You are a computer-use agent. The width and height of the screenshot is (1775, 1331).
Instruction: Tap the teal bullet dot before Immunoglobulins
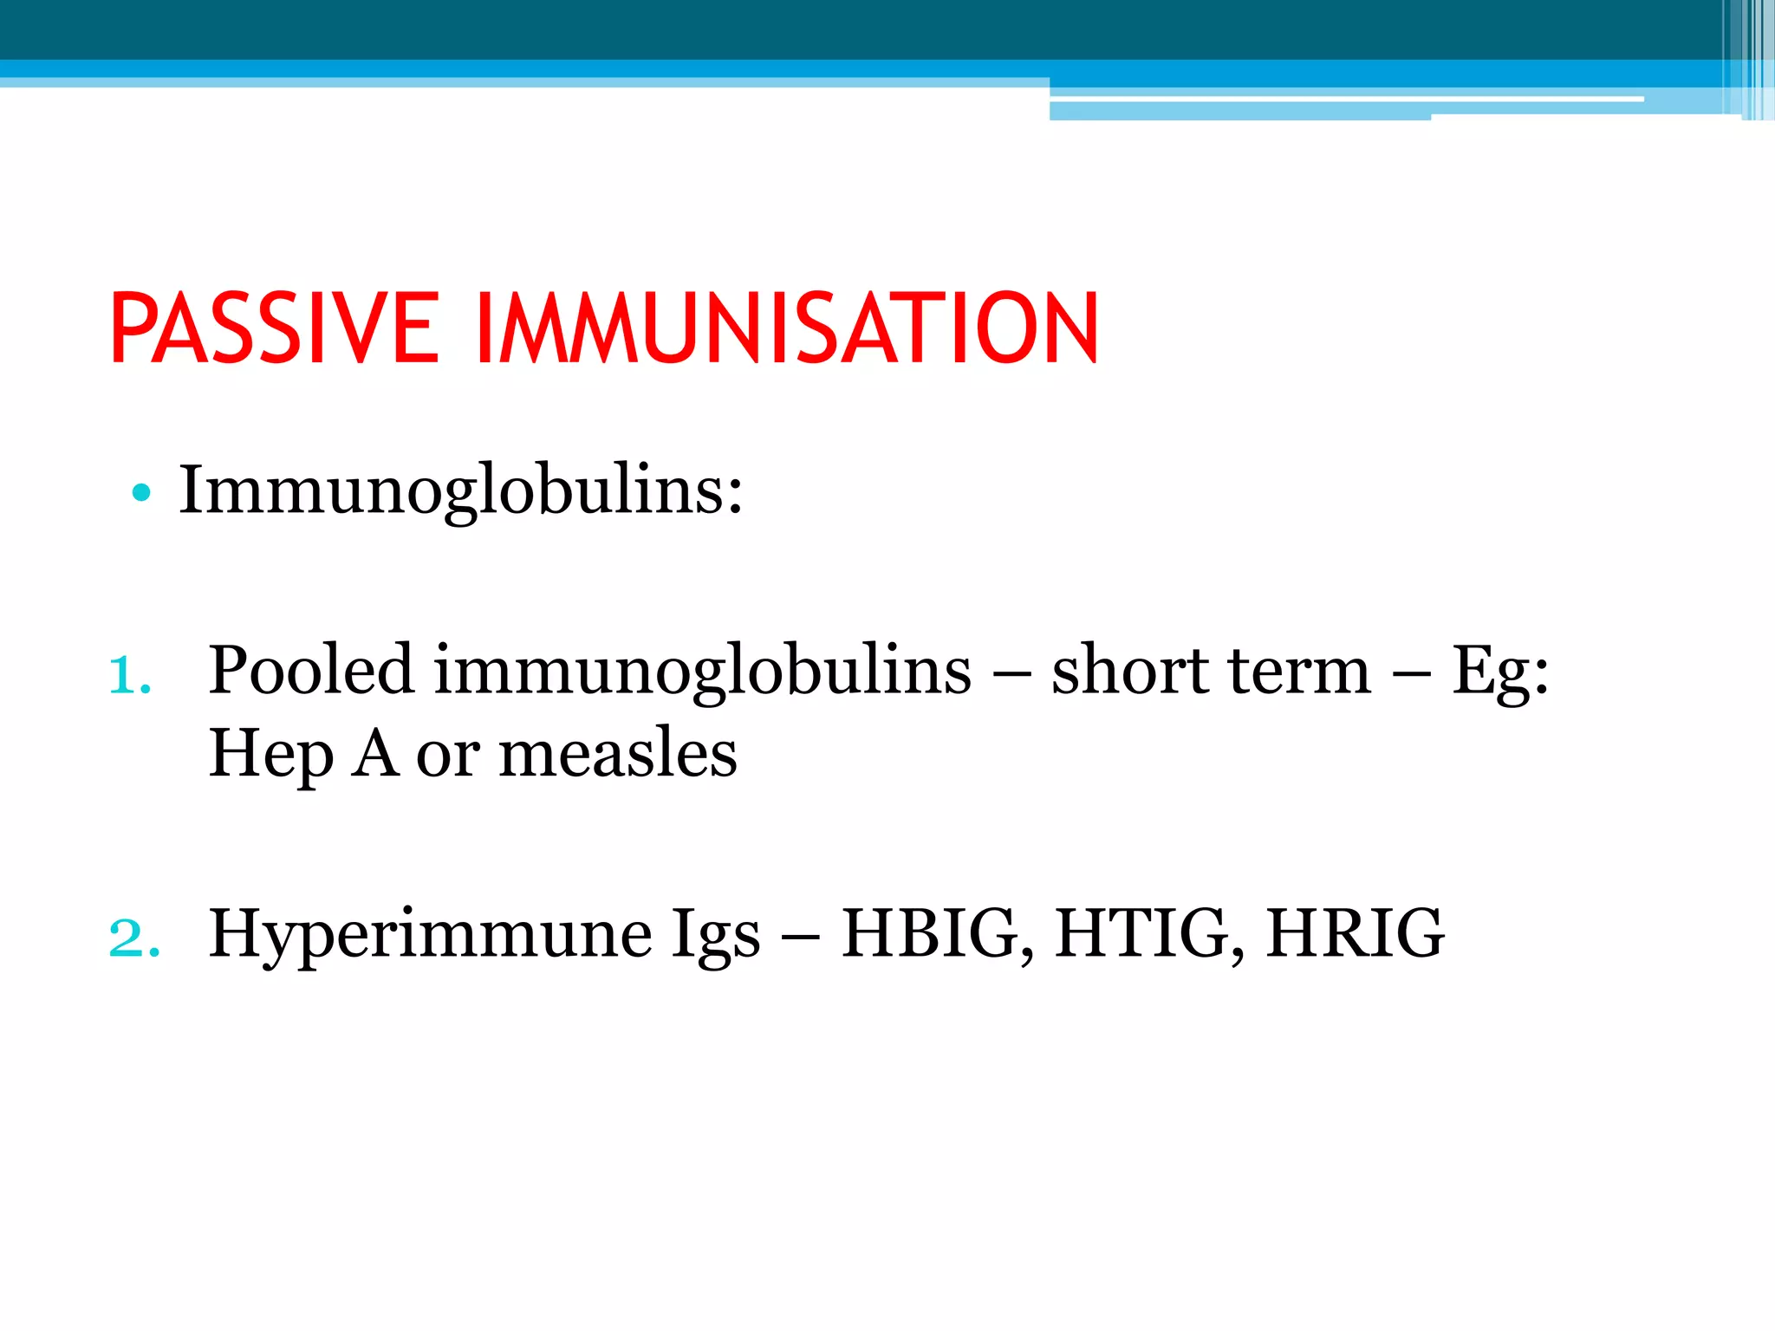pos(141,494)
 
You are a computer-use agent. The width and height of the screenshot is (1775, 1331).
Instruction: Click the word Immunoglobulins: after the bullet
pos(460,490)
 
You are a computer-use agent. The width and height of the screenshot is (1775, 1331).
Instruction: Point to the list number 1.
pos(130,675)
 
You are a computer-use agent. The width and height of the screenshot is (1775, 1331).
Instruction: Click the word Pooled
pos(311,670)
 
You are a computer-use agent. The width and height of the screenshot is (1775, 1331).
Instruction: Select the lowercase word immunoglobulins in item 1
pos(702,670)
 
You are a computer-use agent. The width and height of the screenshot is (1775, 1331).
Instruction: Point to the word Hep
pos(270,754)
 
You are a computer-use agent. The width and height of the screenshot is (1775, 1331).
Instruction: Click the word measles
pos(618,752)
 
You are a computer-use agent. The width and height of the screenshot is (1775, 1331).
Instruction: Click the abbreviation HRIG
pos(1355,933)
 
